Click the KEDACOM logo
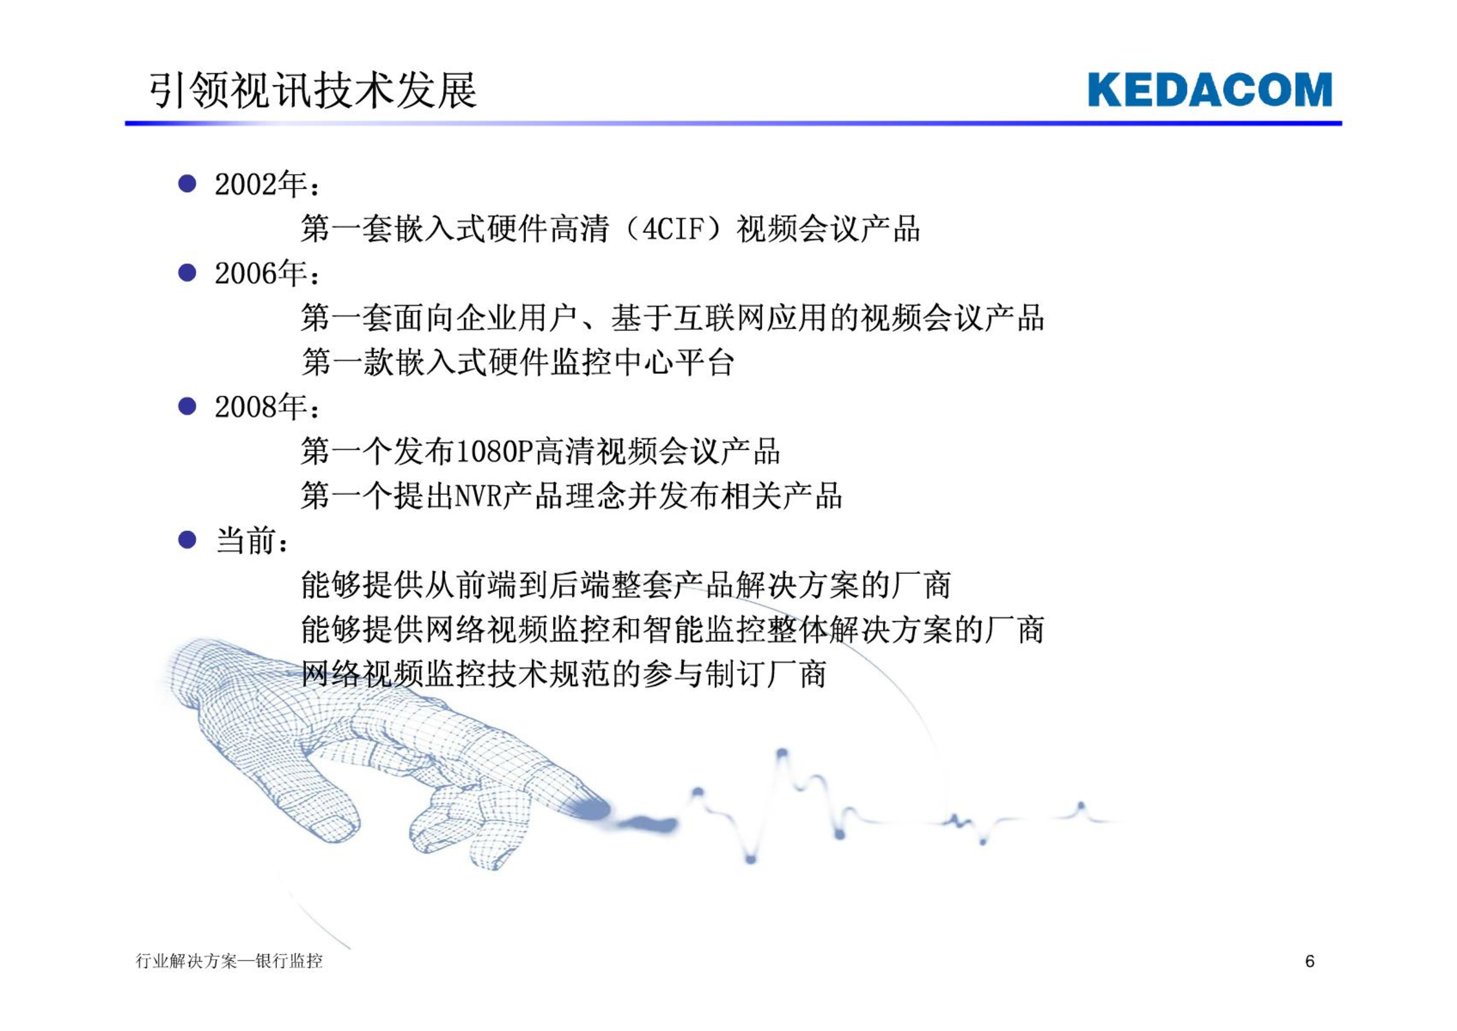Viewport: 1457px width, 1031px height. (x=1210, y=89)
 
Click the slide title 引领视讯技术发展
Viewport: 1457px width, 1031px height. (x=313, y=90)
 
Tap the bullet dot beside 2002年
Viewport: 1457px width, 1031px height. (x=187, y=184)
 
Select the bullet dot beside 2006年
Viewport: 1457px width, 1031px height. (x=187, y=273)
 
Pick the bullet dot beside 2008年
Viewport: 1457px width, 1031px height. (x=187, y=406)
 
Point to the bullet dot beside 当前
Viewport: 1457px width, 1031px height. (x=187, y=540)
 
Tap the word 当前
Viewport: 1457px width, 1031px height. (x=246, y=541)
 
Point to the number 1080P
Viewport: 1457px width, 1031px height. (x=494, y=451)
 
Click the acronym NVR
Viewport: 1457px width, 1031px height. (x=479, y=496)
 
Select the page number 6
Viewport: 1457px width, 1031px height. (x=1309, y=961)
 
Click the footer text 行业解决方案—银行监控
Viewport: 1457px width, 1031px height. (x=229, y=961)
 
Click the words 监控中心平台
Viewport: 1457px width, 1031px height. (x=642, y=362)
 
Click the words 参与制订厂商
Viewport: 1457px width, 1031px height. (x=734, y=674)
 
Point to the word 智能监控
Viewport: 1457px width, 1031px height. (x=704, y=629)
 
